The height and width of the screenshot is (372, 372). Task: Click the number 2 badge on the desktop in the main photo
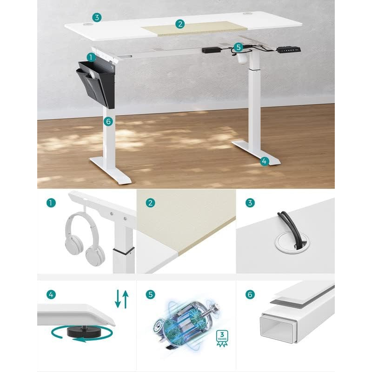click(x=179, y=24)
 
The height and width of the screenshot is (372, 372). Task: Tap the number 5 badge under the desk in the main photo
click(x=239, y=47)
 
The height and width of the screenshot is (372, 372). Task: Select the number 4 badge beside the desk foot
click(x=264, y=161)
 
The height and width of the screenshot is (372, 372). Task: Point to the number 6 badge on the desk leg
click(x=108, y=122)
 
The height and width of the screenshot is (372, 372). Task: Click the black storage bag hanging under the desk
click(x=96, y=84)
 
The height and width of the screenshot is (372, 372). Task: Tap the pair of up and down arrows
click(x=121, y=299)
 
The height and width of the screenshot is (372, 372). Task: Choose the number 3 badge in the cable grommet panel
click(x=250, y=203)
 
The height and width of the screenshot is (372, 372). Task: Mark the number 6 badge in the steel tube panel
click(x=250, y=294)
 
